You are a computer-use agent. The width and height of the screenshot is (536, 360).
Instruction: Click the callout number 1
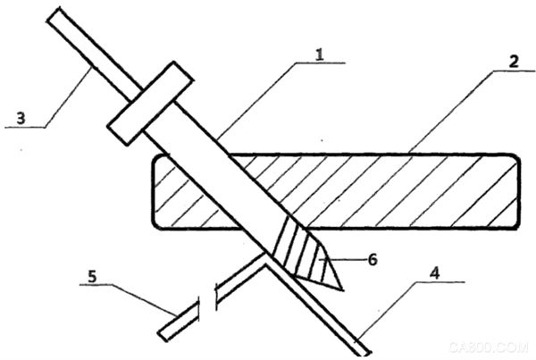pos(319,54)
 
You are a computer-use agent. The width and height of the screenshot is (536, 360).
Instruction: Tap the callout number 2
pos(514,62)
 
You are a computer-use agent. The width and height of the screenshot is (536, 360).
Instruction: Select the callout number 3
pos(21,118)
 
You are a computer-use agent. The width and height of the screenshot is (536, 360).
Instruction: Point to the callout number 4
pos(434,273)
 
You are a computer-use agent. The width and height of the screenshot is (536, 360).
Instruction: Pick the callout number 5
pos(92,276)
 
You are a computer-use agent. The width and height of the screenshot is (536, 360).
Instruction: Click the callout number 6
pos(373,259)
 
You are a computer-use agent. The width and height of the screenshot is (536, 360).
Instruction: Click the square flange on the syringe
pos(150,104)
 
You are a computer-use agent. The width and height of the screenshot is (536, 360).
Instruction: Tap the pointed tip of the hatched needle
pos(342,290)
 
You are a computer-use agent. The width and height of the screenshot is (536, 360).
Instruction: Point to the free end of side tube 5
pos(163,336)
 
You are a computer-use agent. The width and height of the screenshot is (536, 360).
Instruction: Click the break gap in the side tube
pos(207,297)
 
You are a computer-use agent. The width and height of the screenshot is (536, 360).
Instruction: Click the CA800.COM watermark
pos(489,347)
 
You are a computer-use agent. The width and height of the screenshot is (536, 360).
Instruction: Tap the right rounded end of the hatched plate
pos(518,191)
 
